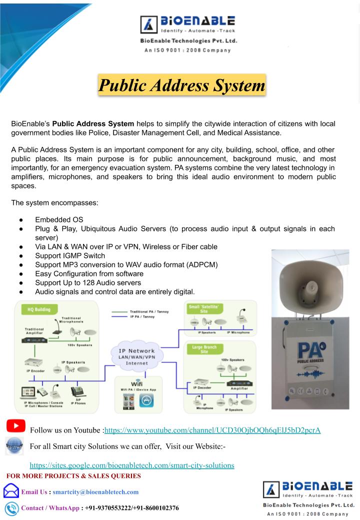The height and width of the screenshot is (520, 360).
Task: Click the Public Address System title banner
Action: coord(182,85)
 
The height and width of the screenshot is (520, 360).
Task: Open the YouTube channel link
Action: coord(212,430)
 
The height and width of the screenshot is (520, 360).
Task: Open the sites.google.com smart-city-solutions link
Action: coord(132,465)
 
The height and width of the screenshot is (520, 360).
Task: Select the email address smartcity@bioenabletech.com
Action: coord(95,492)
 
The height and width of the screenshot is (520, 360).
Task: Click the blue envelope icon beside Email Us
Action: coord(11,491)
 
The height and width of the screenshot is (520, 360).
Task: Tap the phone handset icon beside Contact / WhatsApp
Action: coord(11,508)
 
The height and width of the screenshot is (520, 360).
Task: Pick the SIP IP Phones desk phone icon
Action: coord(77,391)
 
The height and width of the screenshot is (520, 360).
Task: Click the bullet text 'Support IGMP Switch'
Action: coord(70,256)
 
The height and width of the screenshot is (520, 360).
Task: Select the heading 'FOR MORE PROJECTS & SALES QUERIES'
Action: coord(73,475)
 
